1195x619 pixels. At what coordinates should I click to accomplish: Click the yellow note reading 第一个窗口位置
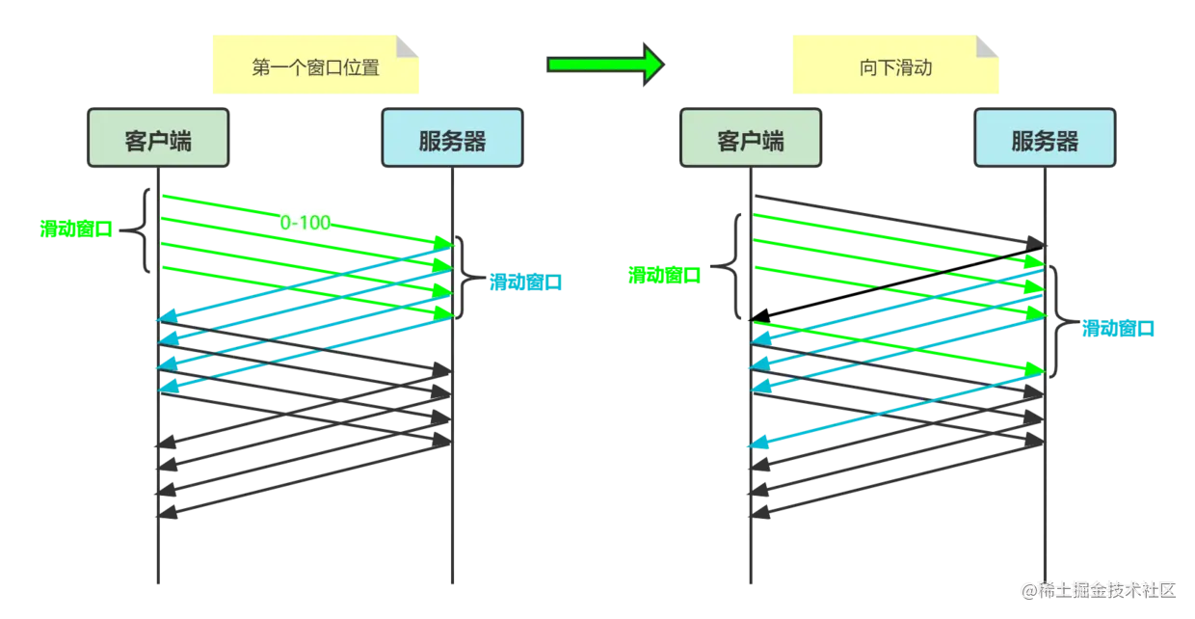[316, 65]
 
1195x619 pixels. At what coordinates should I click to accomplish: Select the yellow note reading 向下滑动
[895, 65]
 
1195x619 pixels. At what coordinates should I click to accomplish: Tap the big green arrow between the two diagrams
[605, 65]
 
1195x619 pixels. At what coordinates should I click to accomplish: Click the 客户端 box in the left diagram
[158, 138]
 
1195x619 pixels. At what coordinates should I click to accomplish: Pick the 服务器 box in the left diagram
[452, 138]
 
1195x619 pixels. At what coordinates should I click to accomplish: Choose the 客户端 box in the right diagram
[751, 138]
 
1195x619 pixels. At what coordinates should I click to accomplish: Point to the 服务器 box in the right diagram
[1045, 138]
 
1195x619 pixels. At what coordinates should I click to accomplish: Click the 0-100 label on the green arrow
[305, 223]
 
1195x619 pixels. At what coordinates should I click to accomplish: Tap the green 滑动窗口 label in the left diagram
[76, 229]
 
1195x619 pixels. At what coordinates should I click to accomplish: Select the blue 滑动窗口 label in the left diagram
[525, 283]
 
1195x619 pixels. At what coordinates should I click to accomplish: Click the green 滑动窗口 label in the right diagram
[664, 276]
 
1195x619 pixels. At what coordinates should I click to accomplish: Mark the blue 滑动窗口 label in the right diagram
[1118, 328]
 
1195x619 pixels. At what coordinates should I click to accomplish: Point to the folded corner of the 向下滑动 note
[987, 46]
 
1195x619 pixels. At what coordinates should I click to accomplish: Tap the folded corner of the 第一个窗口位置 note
[407, 46]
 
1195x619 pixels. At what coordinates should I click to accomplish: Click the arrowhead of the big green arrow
[653, 65]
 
